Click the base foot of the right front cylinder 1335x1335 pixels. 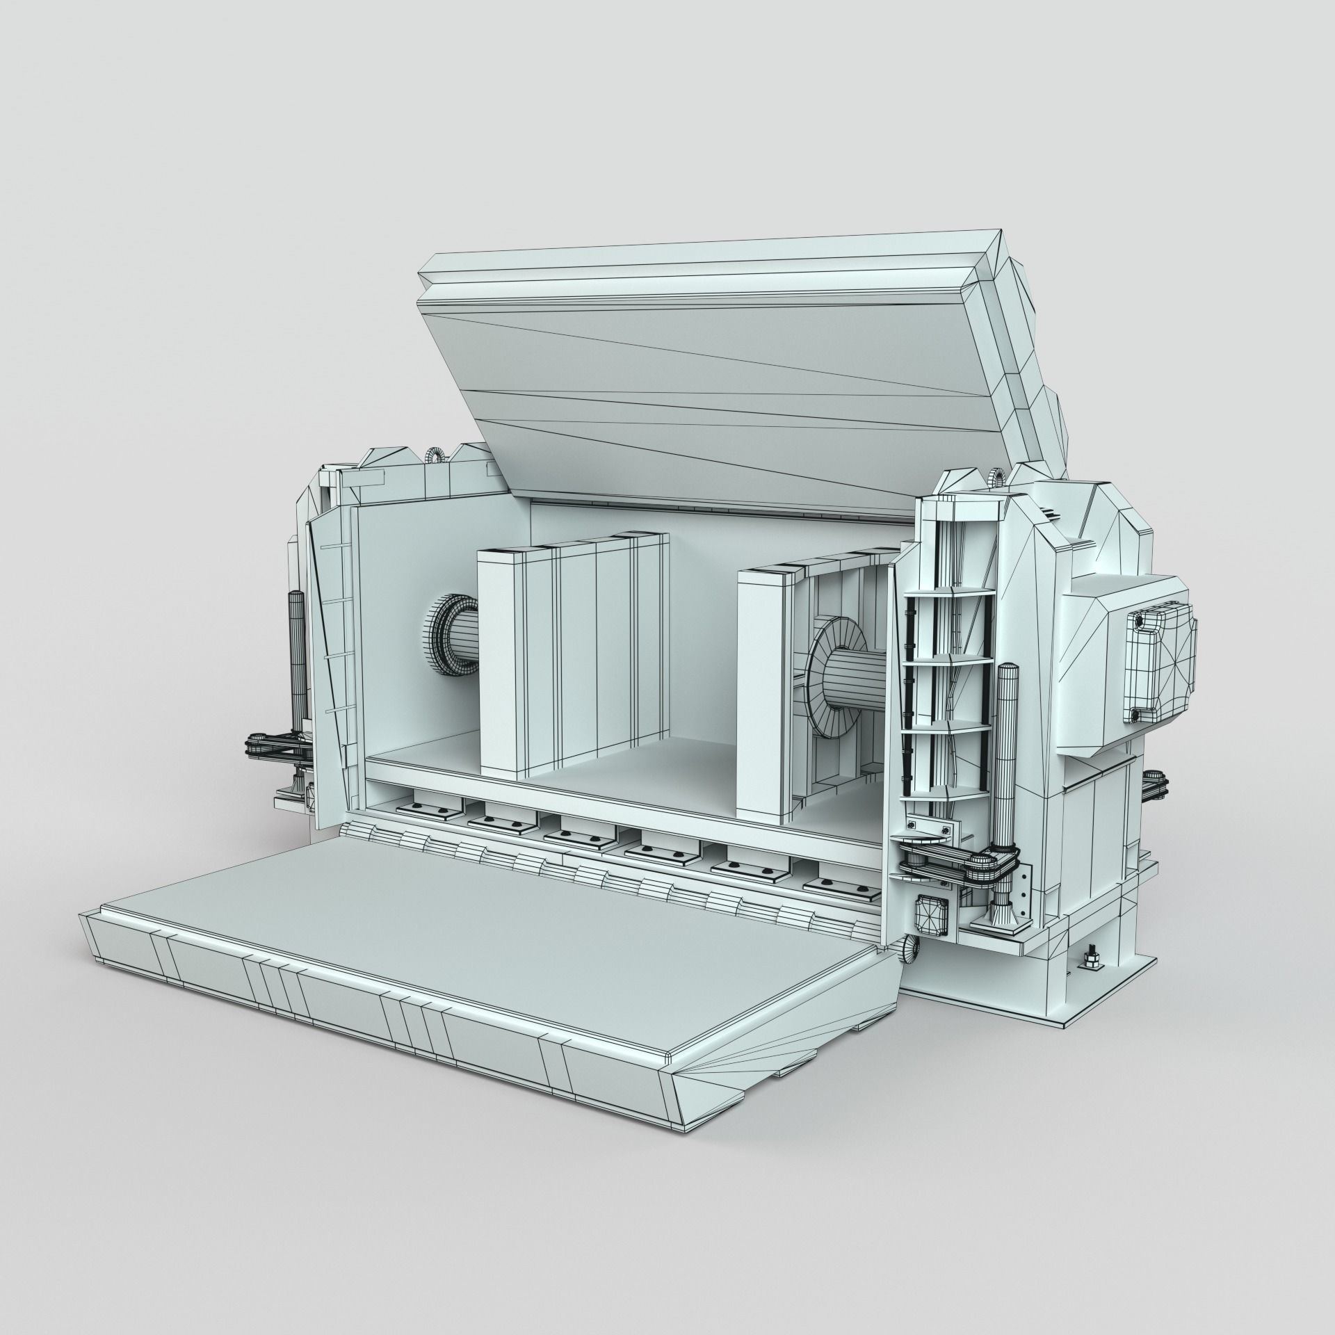click(x=1002, y=919)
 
